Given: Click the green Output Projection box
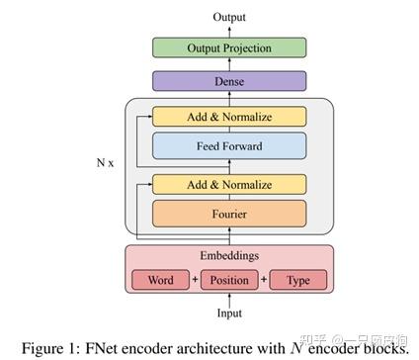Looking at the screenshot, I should tap(228, 47).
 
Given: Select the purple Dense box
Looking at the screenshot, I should tap(228, 81).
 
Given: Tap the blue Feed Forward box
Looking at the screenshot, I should tap(228, 146).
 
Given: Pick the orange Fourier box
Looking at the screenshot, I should tap(228, 213).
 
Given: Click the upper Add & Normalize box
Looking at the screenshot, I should tap(228, 117).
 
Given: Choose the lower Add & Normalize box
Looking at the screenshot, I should tap(228, 183).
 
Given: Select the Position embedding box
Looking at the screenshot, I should tap(229, 280).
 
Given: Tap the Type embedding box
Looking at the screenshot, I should tap(297, 280).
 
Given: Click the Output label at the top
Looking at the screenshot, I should tap(228, 17).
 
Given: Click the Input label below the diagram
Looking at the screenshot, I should tap(228, 315).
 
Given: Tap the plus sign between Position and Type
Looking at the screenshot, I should tap(265, 280).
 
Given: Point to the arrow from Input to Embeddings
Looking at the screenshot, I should tap(228, 302).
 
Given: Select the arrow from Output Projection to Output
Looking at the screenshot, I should tap(228, 31).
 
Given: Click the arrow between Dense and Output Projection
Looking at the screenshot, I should tap(228, 64).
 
